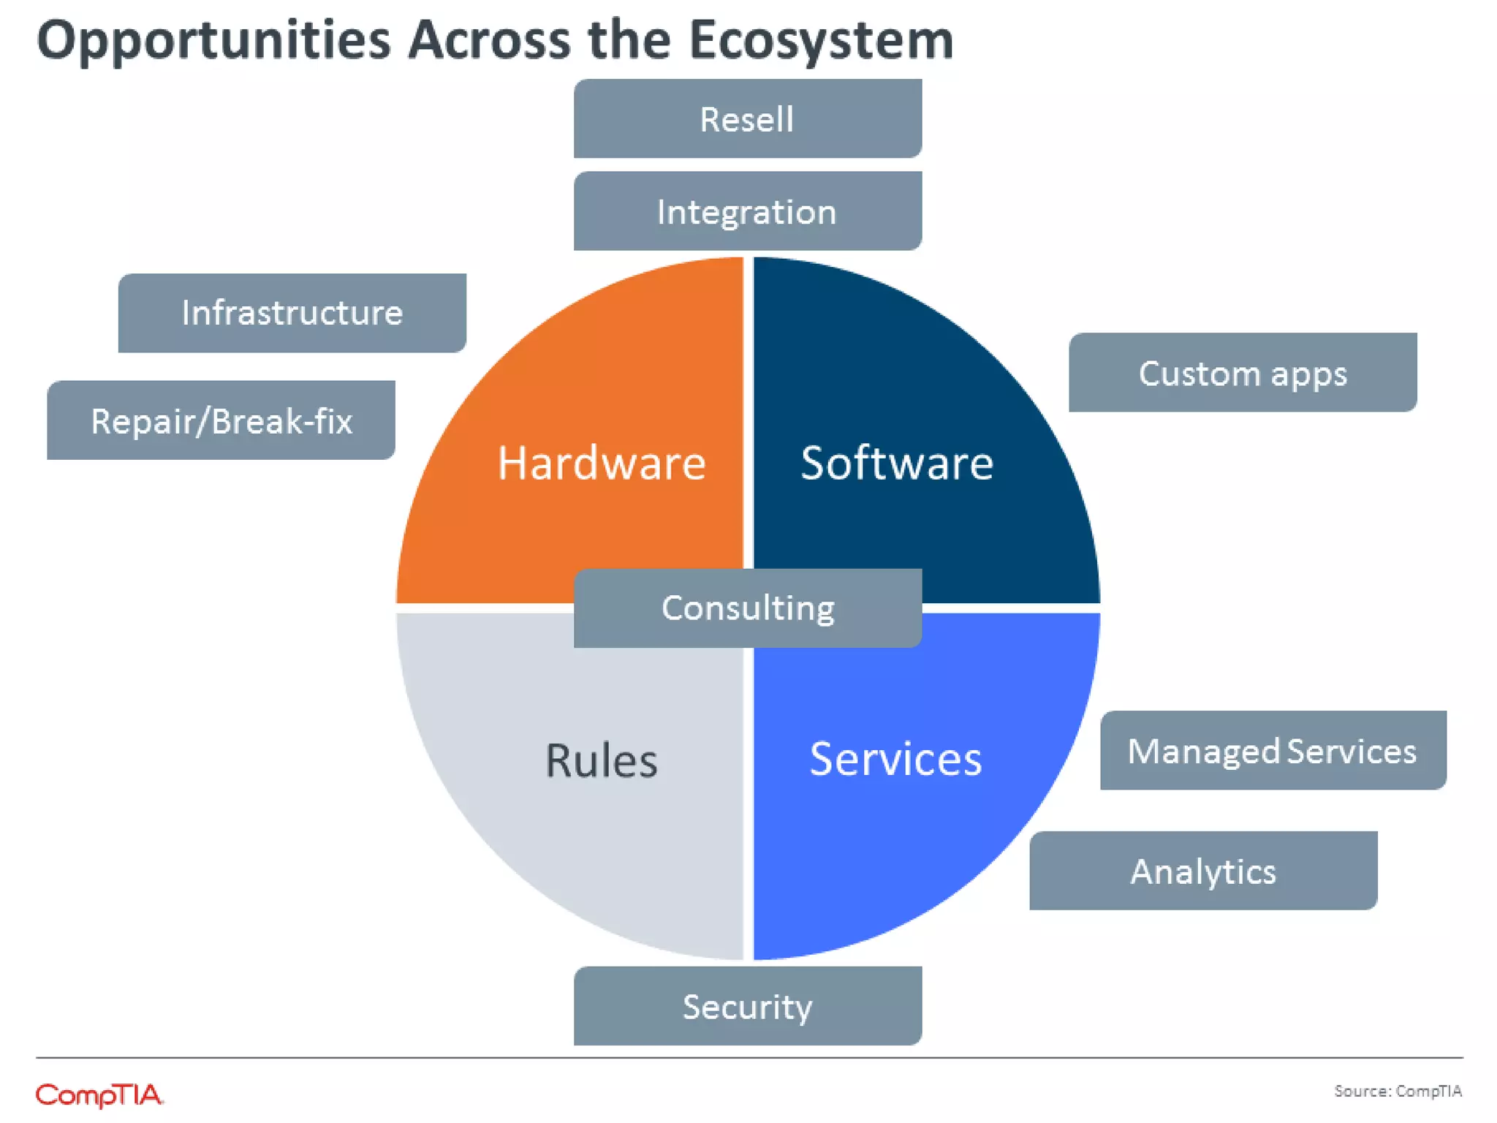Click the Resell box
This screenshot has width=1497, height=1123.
747,118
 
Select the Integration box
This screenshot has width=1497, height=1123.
747,211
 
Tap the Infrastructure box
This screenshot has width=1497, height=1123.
292,313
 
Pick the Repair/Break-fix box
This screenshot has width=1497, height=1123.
221,420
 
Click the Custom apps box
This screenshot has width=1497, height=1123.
1242,373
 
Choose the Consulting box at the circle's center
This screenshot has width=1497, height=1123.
747,608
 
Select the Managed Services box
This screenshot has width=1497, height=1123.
1273,750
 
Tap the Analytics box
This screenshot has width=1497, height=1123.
1203,871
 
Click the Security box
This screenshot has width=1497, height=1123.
747,1006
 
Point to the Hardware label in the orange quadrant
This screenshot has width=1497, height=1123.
601,463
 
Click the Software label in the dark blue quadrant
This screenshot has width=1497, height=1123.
897,463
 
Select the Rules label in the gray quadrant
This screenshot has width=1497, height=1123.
601,760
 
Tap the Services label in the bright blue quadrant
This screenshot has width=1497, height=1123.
895,759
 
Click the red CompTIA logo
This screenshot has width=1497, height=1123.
99,1095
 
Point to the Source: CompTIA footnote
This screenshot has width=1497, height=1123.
1398,1091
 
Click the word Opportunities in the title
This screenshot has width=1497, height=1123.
213,41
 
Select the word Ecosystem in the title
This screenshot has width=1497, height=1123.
821,41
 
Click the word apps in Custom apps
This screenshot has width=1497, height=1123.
1308,374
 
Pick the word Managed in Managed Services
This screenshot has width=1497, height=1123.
1203,752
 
